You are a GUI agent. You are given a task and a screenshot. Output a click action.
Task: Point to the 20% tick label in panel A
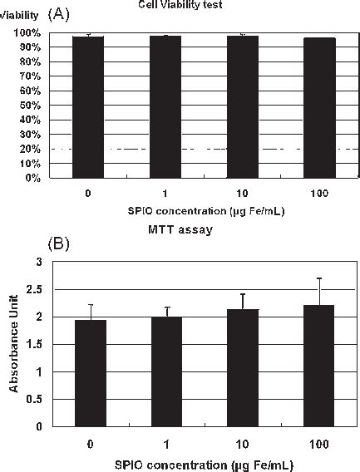click(x=32, y=149)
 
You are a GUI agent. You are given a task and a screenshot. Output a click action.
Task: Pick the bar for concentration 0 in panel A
click(x=88, y=107)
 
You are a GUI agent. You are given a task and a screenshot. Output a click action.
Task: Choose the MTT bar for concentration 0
click(x=90, y=373)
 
